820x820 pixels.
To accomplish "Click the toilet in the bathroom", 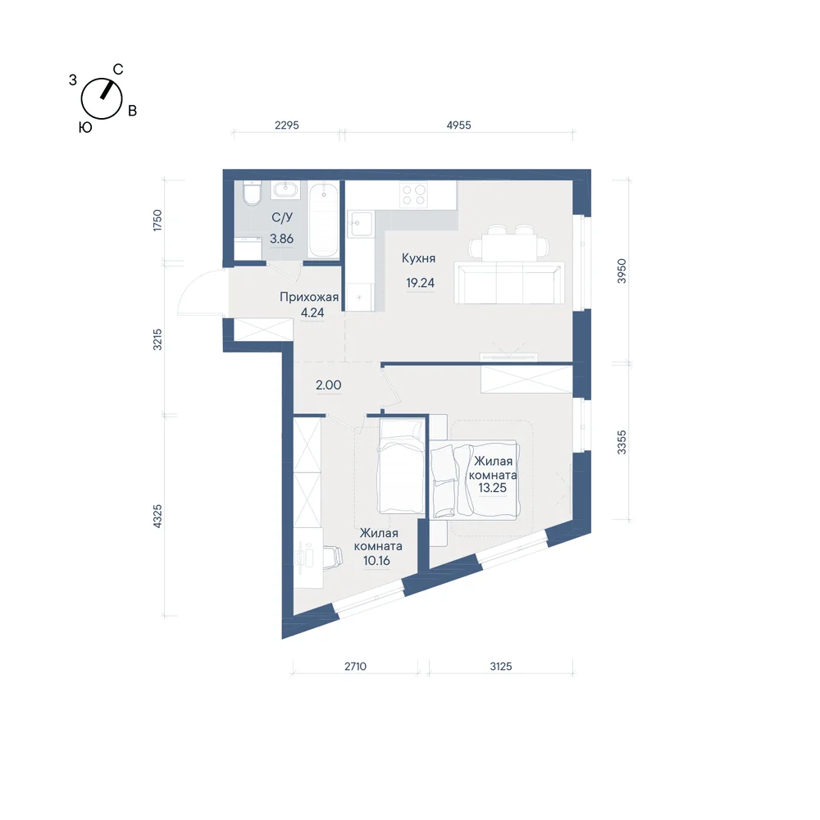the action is [252, 193].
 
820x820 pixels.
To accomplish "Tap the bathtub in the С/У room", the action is [323, 219].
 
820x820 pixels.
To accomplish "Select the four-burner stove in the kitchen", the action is [413, 194].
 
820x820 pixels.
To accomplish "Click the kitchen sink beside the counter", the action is [361, 224].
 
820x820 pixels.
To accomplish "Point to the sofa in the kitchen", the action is [509, 283].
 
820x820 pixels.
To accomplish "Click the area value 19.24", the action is [421, 283].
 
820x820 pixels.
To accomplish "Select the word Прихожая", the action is [309, 297].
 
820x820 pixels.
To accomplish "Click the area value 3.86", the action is [281, 239].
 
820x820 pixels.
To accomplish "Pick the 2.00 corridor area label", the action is [329, 385].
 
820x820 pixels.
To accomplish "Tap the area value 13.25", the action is [492, 488].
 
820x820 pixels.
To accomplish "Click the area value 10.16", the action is [376, 561].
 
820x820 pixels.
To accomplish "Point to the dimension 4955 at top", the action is [458, 125].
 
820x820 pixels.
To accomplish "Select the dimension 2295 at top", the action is [286, 125].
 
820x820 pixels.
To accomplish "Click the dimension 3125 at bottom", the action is [500, 666].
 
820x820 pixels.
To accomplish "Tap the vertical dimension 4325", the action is [157, 516].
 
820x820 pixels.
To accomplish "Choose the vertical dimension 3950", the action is [622, 271].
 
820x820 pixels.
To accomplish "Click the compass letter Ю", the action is [85, 128].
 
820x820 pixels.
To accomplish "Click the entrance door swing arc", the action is [189, 289].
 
